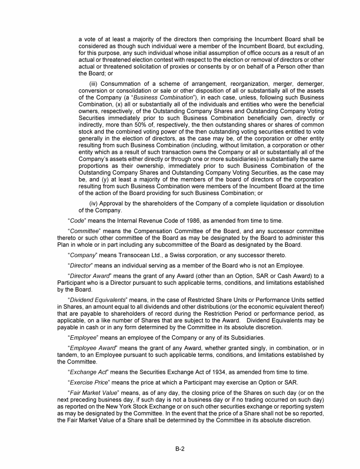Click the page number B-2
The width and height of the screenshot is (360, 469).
[180, 448]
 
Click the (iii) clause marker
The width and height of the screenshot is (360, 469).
[94, 84]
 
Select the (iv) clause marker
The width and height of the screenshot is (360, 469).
[94, 204]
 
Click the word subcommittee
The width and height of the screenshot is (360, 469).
[172, 245]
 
